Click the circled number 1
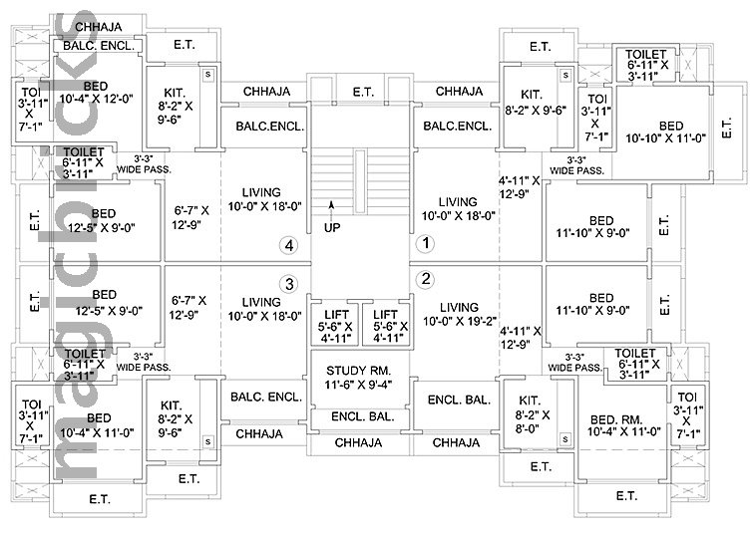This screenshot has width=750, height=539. [x=423, y=242]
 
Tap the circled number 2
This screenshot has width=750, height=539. [x=425, y=278]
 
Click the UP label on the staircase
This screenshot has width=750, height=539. [x=333, y=228]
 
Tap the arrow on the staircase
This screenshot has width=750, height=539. [x=333, y=206]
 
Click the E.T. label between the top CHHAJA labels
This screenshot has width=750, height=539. [x=362, y=92]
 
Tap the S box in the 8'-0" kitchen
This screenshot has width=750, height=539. [x=564, y=437]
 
